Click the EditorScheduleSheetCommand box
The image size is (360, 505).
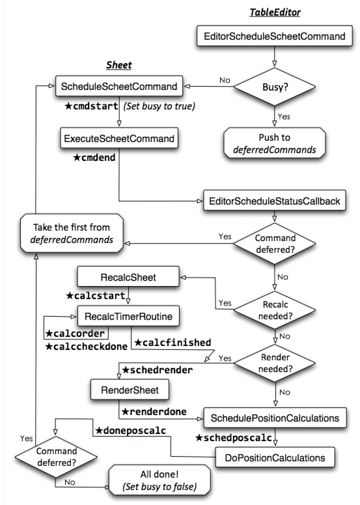tap(274, 36)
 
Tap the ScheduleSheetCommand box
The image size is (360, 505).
tap(118, 86)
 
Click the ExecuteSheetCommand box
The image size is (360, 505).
tap(119, 138)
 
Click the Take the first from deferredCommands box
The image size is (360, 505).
tap(72, 233)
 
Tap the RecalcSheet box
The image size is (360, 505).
tap(128, 278)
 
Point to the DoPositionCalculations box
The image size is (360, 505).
tap(275, 458)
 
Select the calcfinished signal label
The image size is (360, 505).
tap(172, 342)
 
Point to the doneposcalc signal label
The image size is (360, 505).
tap(131, 431)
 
